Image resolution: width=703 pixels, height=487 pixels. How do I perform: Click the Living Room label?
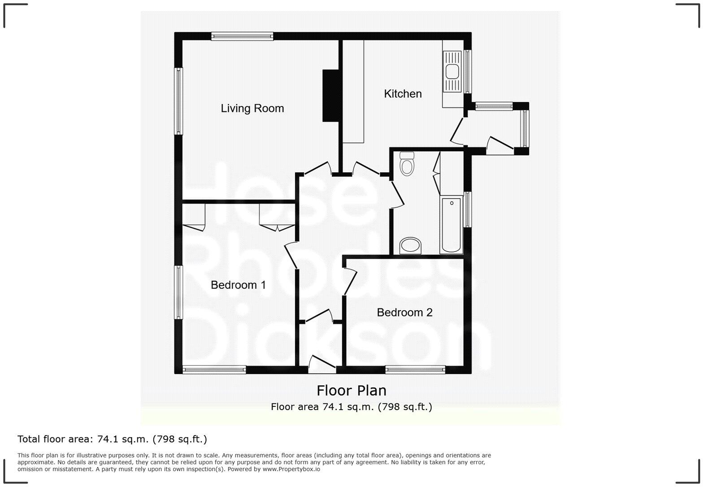coord(252,108)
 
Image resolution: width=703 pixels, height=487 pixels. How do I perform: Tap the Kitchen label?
coord(403,94)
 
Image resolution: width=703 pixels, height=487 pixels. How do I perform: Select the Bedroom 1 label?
coord(238,285)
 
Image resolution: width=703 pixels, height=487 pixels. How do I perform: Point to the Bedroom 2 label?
coord(404,312)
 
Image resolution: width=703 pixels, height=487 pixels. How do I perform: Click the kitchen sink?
coord(452,71)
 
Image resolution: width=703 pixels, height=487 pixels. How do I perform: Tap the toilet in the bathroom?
coord(407,164)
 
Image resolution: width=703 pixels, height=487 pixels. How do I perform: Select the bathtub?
coord(451,224)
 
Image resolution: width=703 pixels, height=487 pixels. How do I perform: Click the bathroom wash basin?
coord(410,245)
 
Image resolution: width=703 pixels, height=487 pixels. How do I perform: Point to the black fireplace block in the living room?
coord(330,95)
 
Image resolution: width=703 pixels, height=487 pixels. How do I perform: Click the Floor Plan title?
coord(351,391)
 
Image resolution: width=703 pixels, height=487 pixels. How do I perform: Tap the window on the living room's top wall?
coord(242,36)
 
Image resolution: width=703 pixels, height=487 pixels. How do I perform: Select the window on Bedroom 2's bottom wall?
coord(415,370)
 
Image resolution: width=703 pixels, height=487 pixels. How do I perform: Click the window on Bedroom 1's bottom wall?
coord(214,370)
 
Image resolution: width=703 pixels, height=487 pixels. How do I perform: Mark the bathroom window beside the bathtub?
coord(467,209)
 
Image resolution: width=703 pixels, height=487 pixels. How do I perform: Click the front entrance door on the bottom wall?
coord(322,363)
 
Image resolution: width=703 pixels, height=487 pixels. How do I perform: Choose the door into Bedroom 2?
coord(350,281)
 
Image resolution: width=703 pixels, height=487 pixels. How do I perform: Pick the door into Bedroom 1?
coord(291,256)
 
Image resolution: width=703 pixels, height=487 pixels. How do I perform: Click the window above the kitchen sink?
coord(467,71)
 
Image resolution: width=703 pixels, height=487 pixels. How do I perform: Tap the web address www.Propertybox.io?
coord(291,469)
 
